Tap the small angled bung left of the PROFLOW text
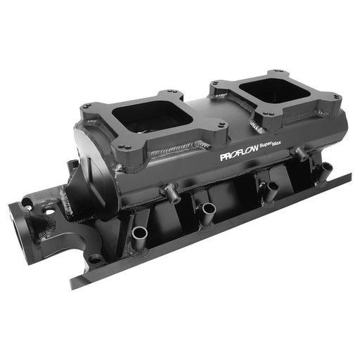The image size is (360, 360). [169, 190]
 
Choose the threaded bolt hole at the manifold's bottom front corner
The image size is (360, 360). [94, 258]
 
